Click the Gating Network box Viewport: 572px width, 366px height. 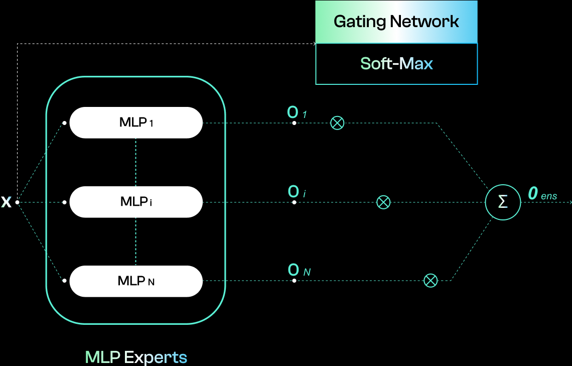point(396,22)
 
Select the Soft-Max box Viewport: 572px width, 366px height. point(396,64)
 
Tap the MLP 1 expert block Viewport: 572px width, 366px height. point(136,122)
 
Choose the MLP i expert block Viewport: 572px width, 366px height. point(136,202)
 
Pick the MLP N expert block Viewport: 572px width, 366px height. point(136,281)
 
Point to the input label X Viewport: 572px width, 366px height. point(6,202)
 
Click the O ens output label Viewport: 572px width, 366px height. point(542,194)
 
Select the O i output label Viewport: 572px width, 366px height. point(297,192)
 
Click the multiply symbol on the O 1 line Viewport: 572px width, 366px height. point(337,123)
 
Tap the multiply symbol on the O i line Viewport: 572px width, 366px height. point(383,202)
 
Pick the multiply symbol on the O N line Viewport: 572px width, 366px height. point(431,281)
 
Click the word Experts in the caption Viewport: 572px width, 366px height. point(156,357)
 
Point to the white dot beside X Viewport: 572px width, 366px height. point(18,202)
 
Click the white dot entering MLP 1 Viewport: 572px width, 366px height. point(65,123)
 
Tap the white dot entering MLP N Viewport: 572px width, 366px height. point(65,281)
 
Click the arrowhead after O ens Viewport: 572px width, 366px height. point(569,202)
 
